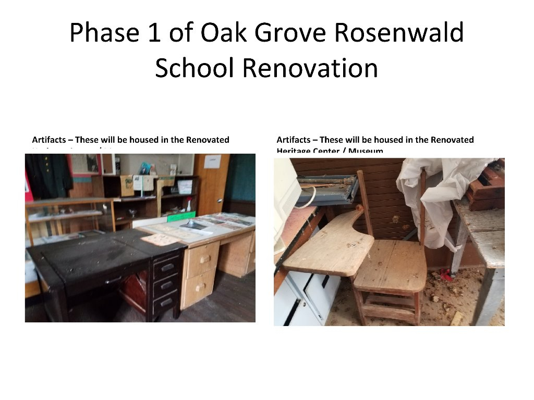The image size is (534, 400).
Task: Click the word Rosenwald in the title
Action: pos(398,33)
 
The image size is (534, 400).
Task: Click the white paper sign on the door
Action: pos(212,161)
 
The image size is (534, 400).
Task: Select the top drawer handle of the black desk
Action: pos(167,268)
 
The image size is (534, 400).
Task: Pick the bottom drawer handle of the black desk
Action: pos(167,302)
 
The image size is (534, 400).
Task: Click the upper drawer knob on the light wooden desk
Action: pos(205,258)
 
